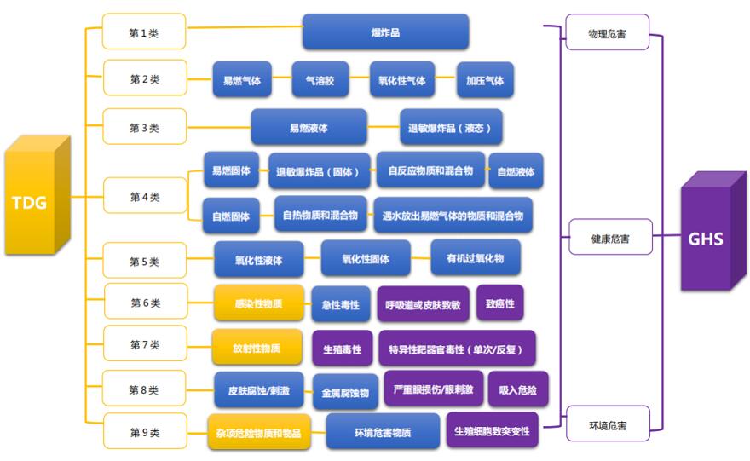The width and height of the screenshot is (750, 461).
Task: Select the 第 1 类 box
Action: pos(144,32)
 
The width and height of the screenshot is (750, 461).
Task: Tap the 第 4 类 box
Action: pos(144,197)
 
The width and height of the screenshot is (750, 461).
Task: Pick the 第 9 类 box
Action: pos(144,432)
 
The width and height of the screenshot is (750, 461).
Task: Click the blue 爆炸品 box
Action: pos(385,32)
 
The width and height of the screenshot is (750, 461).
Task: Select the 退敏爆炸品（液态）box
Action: pos(449,128)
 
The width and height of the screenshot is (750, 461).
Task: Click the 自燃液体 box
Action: pos(516,171)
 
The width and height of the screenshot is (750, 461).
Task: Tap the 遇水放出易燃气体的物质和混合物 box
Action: pos(453,216)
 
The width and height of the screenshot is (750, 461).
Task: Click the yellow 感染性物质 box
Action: pos(257,303)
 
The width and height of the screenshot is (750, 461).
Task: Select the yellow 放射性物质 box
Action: pos(257,348)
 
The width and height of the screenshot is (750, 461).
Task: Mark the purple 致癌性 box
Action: pos(499,303)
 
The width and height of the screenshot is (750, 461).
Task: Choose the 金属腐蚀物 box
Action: pos(345,393)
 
